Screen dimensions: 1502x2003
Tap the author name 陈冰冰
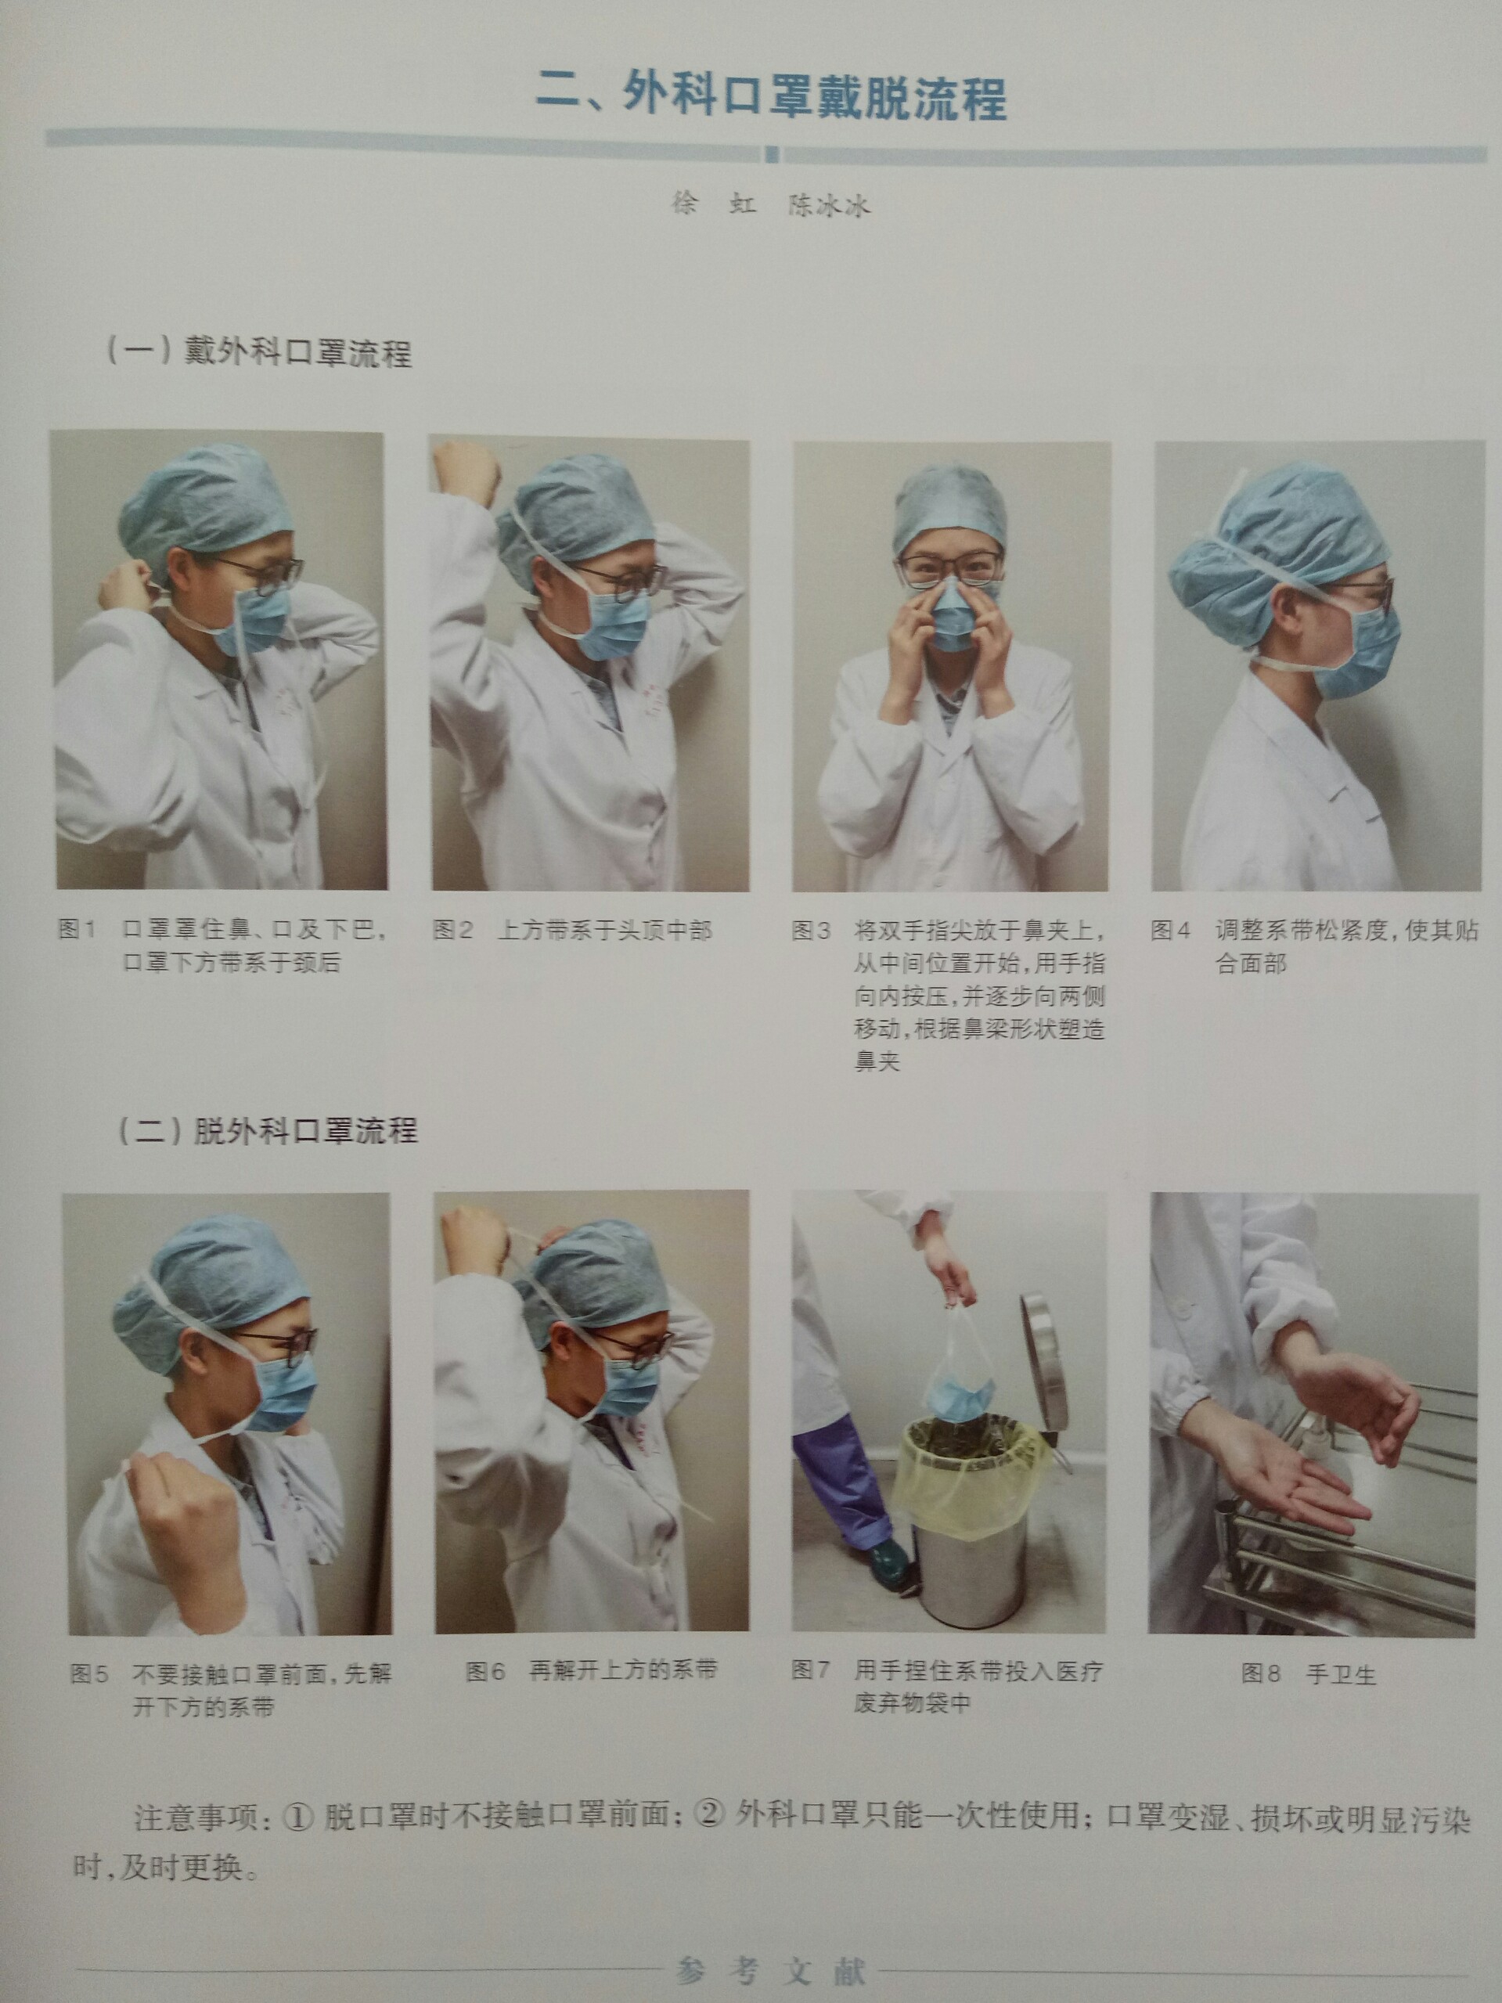tap(828, 206)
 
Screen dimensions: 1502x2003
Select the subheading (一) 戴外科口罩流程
tap(260, 351)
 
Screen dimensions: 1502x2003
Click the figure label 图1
tap(77, 929)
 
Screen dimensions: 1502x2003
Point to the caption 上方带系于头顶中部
tap(605, 930)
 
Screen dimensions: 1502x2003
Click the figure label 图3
tap(811, 930)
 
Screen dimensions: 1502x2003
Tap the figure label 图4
tap(1171, 930)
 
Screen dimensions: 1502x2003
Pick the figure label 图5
tap(90, 1673)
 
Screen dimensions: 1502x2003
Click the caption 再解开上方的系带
tap(624, 1670)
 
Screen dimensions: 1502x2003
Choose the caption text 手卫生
tap(1341, 1674)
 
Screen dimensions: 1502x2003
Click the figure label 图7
tap(811, 1670)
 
